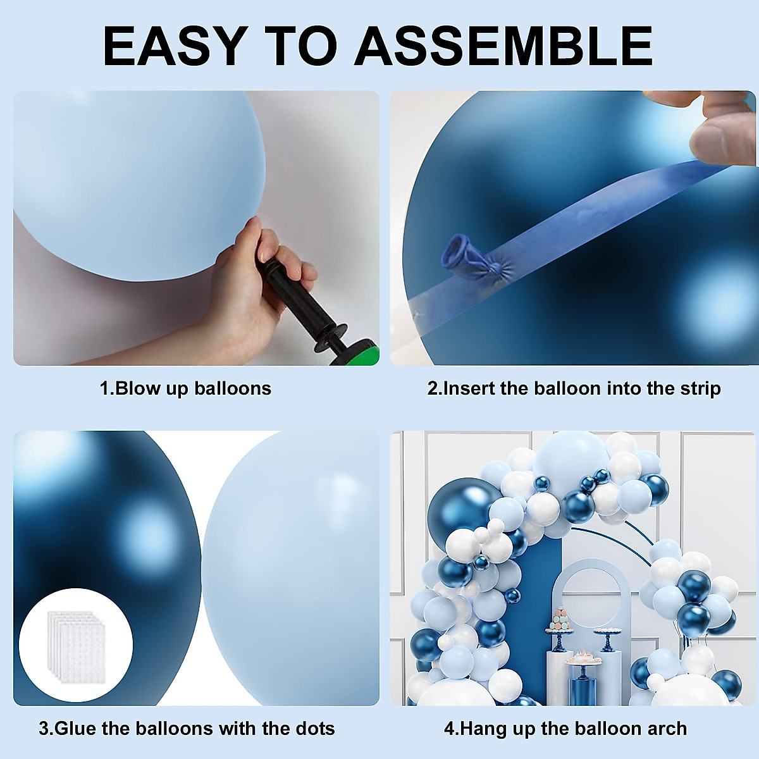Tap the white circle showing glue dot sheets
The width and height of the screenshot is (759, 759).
pos(75,645)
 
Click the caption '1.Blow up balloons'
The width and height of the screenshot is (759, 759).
pos(185,388)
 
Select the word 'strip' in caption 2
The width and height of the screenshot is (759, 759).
pos(701,388)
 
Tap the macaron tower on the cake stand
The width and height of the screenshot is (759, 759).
pos(559,619)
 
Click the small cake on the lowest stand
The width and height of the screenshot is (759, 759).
pos(583,655)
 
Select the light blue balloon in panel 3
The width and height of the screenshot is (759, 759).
pos(291,569)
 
